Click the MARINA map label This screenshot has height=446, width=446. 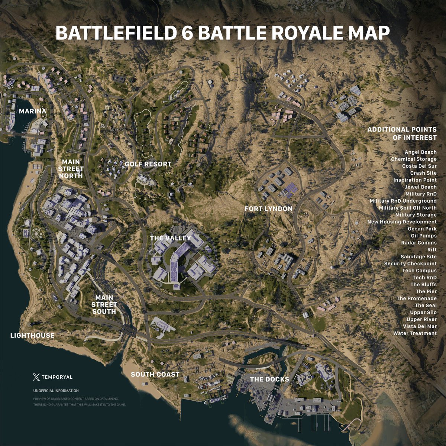[33, 111]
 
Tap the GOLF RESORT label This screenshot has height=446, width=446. [148, 164]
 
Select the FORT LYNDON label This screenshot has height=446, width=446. [268, 209]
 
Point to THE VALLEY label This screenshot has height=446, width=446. [170, 238]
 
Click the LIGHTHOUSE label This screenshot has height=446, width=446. [32, 336]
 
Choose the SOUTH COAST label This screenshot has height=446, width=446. [155, 374]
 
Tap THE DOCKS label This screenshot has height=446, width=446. [269, 379]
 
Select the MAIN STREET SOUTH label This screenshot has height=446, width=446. [104, 304]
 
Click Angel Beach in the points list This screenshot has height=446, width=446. [421, 152]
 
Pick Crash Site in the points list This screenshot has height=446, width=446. [423, 173]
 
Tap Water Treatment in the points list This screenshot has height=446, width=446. [415, 333]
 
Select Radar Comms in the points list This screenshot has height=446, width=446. [419, 243]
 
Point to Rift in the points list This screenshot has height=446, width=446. [432, 250]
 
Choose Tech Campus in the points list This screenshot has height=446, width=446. [419, 271]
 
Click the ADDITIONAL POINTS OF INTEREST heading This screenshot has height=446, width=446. [402, 133]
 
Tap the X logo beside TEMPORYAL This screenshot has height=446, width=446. [36, 377]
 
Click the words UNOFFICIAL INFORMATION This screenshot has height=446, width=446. [56, 391]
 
